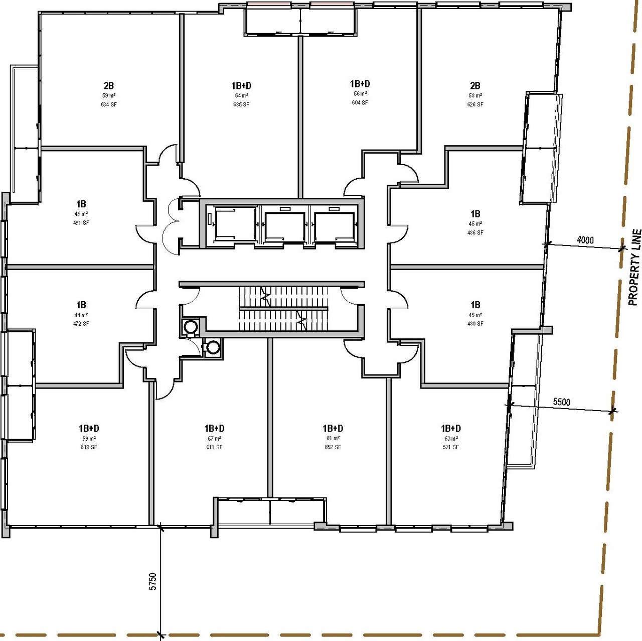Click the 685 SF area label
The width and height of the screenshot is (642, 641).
pyautogui.click(x=241, y=104)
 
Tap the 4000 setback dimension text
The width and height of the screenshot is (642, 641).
pyautogui.click(x=585, y=240)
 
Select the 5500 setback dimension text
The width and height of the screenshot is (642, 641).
pyautogui.click(x=561, y=402)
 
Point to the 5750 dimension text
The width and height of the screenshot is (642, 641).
pyautogui.click(x=153, y=581)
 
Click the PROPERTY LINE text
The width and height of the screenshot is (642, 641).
pyautogui.click(x=634, y=267)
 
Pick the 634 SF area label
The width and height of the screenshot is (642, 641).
pyautogui.click(x=109, y=104)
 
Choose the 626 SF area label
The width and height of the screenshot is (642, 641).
pyautogui.click(x=475, y=104)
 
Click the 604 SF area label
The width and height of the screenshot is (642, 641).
pyautogui.click(x=360, y=102)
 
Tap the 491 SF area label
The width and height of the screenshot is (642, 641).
pyautogui.click(x=81, y=223)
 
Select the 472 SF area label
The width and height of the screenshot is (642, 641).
pyautogui.click(x=81, y=324)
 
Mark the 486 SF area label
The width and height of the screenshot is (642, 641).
pyautogui.click(x=475, y=233)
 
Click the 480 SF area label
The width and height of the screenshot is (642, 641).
pyautogui.click(x=475, y=324)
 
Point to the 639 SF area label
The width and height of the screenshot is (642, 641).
pyautogui.click(x=89, y=447)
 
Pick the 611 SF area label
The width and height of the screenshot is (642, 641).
pyautogui.click(x=214, y=447)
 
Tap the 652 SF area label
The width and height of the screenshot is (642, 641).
pyautogui.click(x=333, y=447)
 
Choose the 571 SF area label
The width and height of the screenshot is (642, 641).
pyautogui.click(x=451, y=447)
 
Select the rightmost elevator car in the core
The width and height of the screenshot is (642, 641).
pyautogui.click(x=334, y=226)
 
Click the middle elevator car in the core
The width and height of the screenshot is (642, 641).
pyautogui.click(x=284, y=226)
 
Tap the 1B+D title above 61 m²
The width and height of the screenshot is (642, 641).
pyautogui.click(x=333, y=428)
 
